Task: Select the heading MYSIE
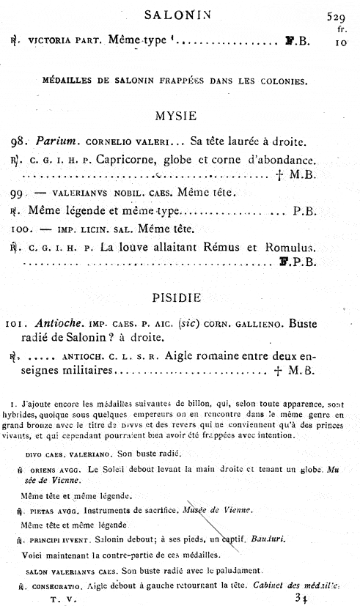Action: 179,117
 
